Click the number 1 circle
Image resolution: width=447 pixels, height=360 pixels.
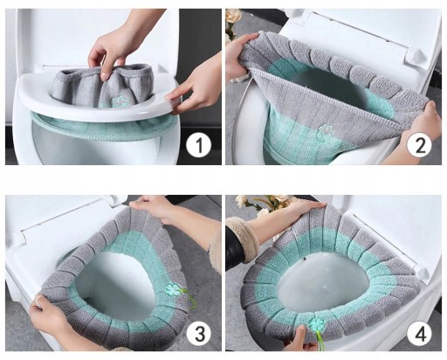pos(198,145)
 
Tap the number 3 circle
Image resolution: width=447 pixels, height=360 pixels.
pos(199,333)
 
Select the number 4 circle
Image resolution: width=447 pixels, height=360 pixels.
pos(420,333)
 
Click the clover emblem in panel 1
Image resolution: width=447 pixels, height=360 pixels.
pos(119,102)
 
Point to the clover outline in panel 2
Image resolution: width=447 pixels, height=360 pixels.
pos(326,132)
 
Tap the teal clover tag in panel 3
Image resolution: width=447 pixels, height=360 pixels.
pos(173,288)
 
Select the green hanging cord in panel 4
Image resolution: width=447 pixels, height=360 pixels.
pos(320,342)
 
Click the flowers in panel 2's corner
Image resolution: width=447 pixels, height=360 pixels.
pos(233,22)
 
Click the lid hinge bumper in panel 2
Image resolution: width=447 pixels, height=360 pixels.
pos(417,56)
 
